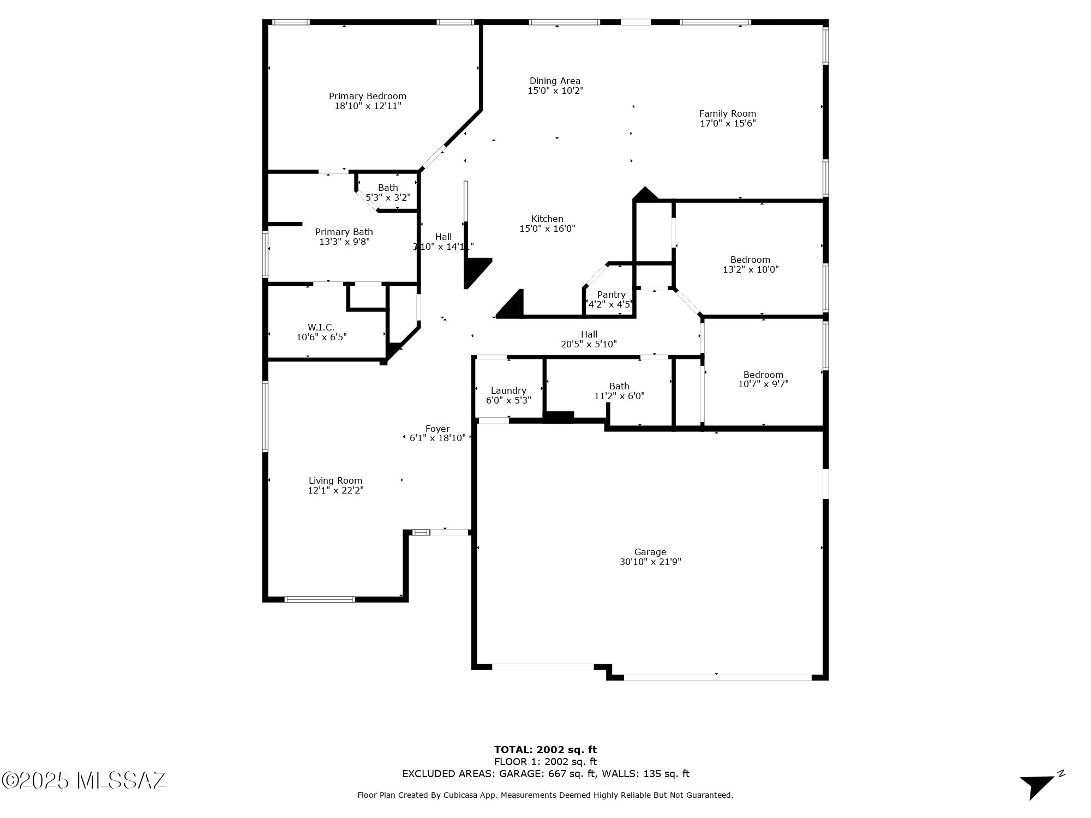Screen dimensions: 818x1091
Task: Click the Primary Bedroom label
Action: (367, 97)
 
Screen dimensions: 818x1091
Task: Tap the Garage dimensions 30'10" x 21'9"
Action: (650, 562)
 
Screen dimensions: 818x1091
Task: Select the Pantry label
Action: (611, 294)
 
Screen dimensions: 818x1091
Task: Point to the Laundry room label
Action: (508, 390)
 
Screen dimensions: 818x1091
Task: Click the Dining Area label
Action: (555, 81)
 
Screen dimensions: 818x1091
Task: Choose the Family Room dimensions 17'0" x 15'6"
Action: (728, 123)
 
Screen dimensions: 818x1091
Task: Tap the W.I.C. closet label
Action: (321, 327)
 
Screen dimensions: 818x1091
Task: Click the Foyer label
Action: (437, 429)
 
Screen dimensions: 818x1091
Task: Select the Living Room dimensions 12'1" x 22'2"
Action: (335, 490)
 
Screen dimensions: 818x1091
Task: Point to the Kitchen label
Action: (547, 219)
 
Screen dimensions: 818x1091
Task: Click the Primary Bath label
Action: (344, 232)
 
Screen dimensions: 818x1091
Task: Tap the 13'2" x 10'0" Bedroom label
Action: (750, 260)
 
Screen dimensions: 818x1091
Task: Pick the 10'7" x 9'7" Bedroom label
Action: (763, 375)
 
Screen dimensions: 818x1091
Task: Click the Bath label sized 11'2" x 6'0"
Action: (619, 386)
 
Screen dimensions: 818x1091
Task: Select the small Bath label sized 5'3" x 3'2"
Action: (388, 188)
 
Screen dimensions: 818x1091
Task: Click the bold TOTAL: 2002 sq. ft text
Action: (545, 749)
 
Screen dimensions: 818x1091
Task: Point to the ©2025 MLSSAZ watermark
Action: (84, 780)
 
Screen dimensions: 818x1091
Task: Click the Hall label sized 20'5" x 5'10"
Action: (589, 334)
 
